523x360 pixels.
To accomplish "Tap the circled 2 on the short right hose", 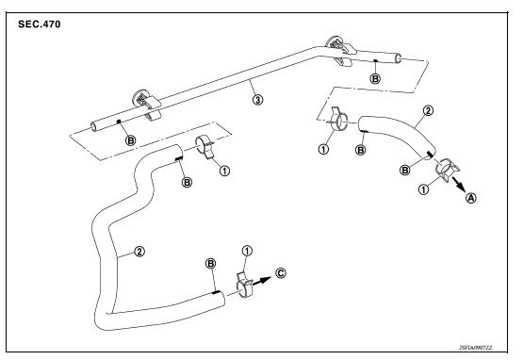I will point(428,111).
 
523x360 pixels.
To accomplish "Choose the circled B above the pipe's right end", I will point(375,80).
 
